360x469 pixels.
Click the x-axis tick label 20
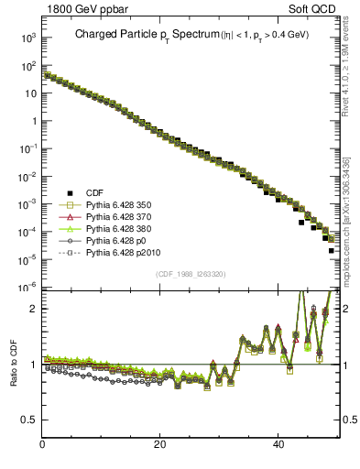pyautogui.click(x=160, y=445)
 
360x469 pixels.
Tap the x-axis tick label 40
pyautogui.click(x=278, y=445)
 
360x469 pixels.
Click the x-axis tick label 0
pyautogui.click(x=43, y=445)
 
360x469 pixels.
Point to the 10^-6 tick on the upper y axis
pyautogui.click(x=27, y=288)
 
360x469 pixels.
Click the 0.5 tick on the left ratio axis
pyautogui.click(x=29, y=420)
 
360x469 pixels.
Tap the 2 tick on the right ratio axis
pyautogui.click(x=346, y=309)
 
